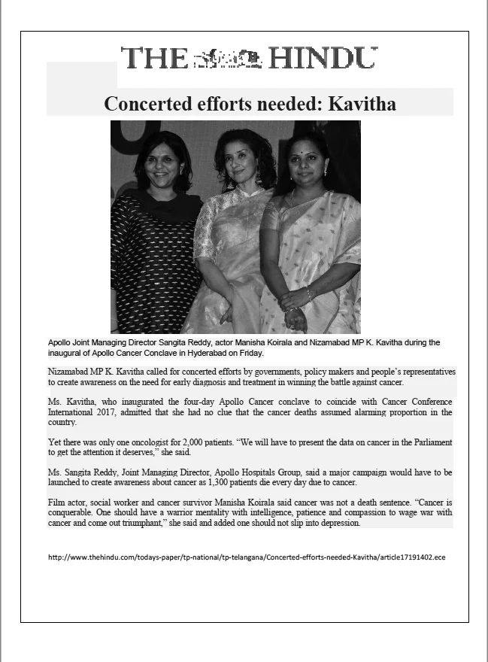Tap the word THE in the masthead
154,59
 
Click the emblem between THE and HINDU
226,58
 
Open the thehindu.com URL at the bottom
247,557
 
